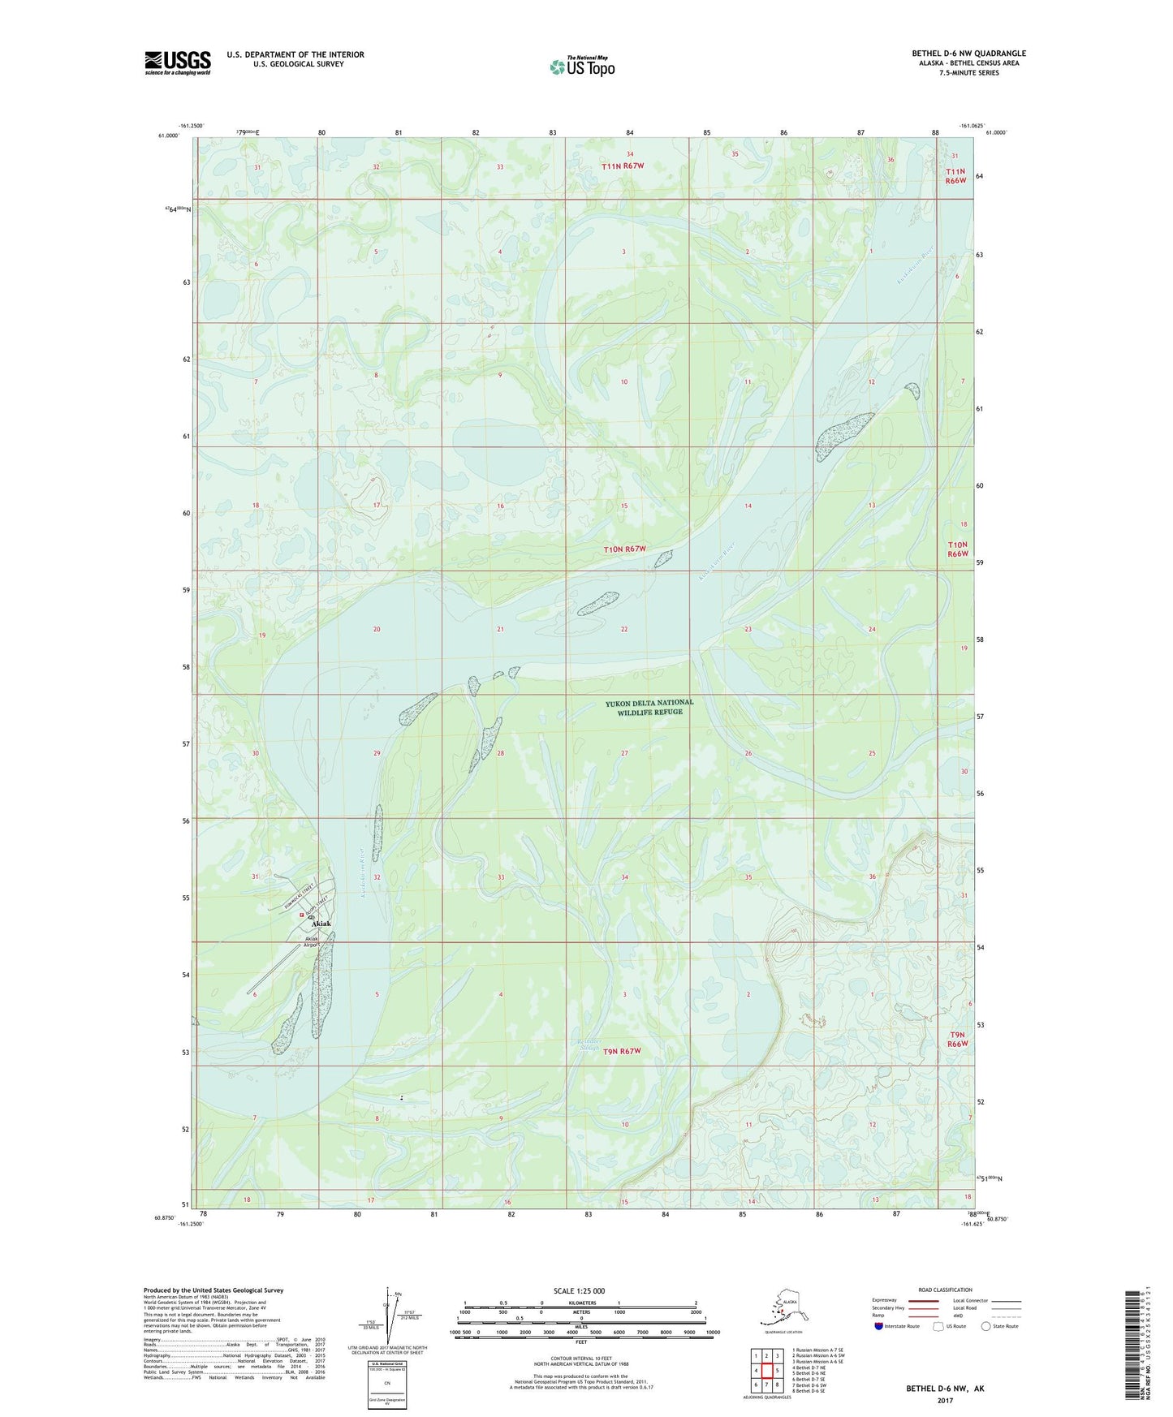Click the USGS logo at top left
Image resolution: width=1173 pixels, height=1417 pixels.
[x=177, y=62]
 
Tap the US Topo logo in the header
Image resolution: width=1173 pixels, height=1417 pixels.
[x=581, y=66]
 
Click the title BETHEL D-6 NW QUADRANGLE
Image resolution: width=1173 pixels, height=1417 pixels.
[x=968, y=54]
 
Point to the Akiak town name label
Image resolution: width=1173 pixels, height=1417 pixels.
[x=321, y=924]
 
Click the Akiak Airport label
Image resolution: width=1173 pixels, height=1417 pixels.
[x=313, y=942]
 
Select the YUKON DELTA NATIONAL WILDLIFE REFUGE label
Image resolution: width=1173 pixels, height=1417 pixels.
[x=649, y=707]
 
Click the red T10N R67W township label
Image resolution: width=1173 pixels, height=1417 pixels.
[x=624, y=549]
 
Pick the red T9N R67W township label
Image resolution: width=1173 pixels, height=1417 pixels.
[x=619, y=1051]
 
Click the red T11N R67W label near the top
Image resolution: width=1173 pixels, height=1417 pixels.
[x=623, y=166]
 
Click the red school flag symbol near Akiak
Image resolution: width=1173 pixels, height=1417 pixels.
[x=301, y=915]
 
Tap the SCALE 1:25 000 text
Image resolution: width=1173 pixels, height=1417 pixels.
[x=580, y=1290]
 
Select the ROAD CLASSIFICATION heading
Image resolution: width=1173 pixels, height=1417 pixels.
[x=945, y=1290]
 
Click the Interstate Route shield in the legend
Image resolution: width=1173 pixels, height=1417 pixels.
[x=879, y=1326]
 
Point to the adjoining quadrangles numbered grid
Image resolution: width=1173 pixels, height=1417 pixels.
[x=766, y=1369]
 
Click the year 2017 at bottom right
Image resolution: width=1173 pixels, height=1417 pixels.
[x=945, y=1400]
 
